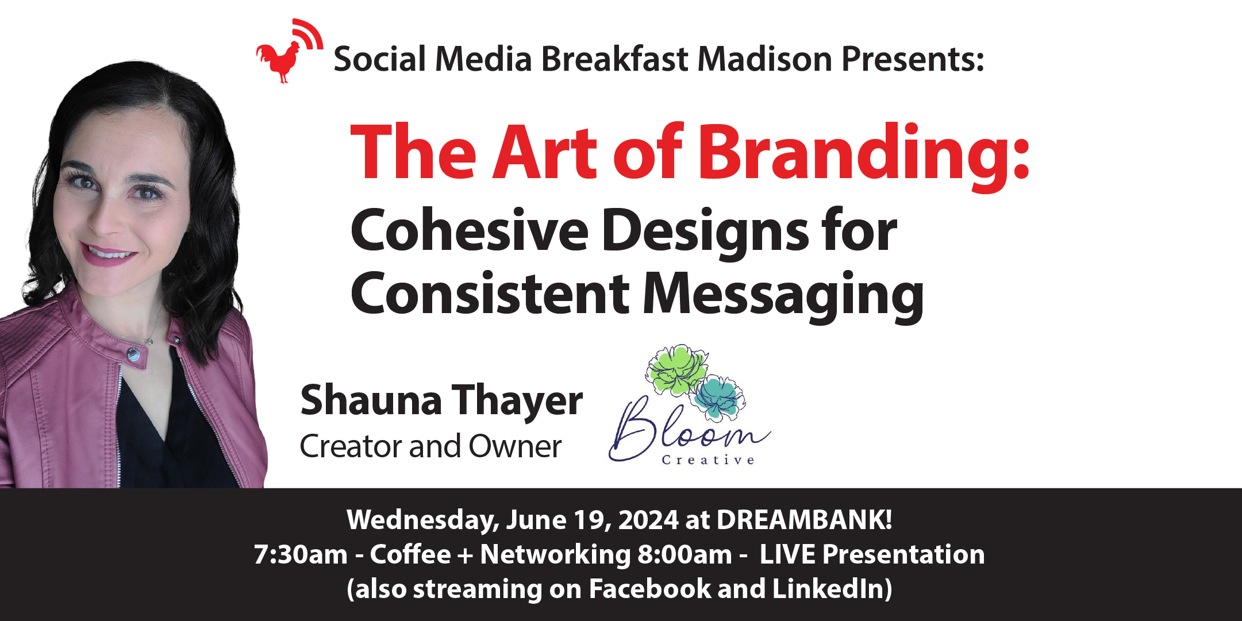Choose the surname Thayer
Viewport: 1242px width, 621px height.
[517, 401]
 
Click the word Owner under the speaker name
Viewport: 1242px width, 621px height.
[515, 447]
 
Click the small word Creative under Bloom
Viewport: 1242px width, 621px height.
[708, 460]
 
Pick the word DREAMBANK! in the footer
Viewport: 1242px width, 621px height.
[804, 520]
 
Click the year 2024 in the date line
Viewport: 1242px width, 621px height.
[648, 520]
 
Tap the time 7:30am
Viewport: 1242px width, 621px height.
[301, 555]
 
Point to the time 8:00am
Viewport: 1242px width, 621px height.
[685, 555]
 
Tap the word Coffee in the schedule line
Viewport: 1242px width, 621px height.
[410, 554]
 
